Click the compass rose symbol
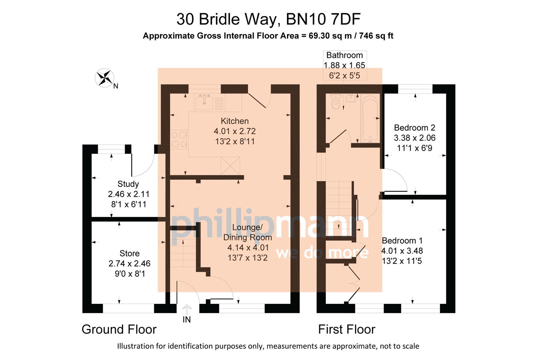104,78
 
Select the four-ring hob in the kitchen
179,139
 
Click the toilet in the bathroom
336,101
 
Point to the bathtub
370,118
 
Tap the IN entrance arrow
187,310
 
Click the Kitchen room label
235,121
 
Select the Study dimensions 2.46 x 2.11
129,194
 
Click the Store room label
129,253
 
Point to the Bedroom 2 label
414,128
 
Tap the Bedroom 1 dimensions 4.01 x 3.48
402,251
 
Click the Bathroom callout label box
345,65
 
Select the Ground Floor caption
119,329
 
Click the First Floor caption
347,329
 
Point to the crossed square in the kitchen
230,166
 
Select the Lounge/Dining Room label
247,232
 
